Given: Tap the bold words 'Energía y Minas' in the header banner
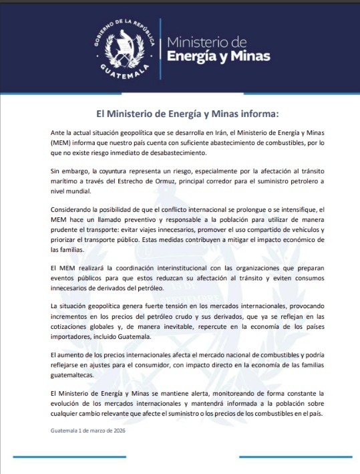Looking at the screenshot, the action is [218, 56].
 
